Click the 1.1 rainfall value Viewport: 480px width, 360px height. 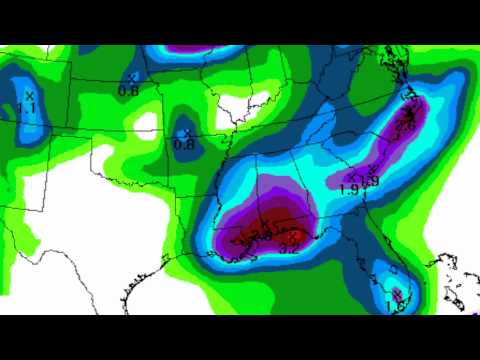click(x=28, y=107)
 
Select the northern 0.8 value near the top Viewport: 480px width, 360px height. click(x=129, y=90)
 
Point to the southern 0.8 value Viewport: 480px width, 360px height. click(x=184, y=144)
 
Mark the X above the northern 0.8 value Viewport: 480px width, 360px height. click(x=132, y=76)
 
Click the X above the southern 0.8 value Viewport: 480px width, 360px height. click(x=186, y=132)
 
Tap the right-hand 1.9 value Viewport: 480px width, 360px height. click(x=370, y=181)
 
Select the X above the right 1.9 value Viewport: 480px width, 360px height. click(x=371, y=169)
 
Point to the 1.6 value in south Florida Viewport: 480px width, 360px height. click(x=393, y=307)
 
